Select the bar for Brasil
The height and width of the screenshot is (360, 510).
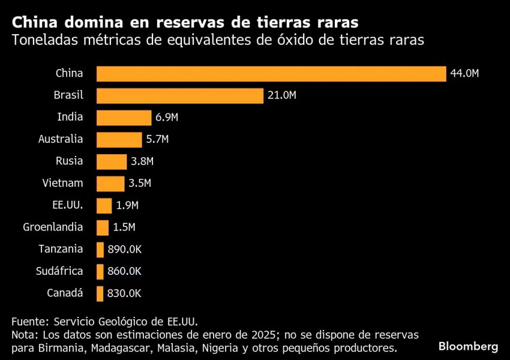(x=180, y=96)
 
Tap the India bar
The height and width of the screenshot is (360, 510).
(x=124, y=118)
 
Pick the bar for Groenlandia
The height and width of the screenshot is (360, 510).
(x=103, y=227)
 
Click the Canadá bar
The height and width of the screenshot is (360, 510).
(x=100, y=293)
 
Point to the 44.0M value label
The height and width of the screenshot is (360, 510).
(x=464, y=74)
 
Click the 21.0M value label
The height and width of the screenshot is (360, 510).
(x=282, y=96)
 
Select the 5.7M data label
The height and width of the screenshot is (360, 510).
(x=157, y=140)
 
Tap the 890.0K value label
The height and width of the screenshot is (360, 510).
(x=124, y=250)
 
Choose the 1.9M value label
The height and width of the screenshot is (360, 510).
(x=127, y=206)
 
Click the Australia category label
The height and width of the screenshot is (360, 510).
(x=61, y=139)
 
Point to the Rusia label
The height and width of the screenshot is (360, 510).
(x=69, y=161)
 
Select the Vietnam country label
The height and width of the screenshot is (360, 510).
(x=63, y=183)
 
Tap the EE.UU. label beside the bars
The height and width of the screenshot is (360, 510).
(x=68, y=205)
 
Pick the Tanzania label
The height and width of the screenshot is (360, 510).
(x=61, y=249)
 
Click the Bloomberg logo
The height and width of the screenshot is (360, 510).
(x=468, y=346)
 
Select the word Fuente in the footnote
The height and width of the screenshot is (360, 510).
(x=28, y=320)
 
